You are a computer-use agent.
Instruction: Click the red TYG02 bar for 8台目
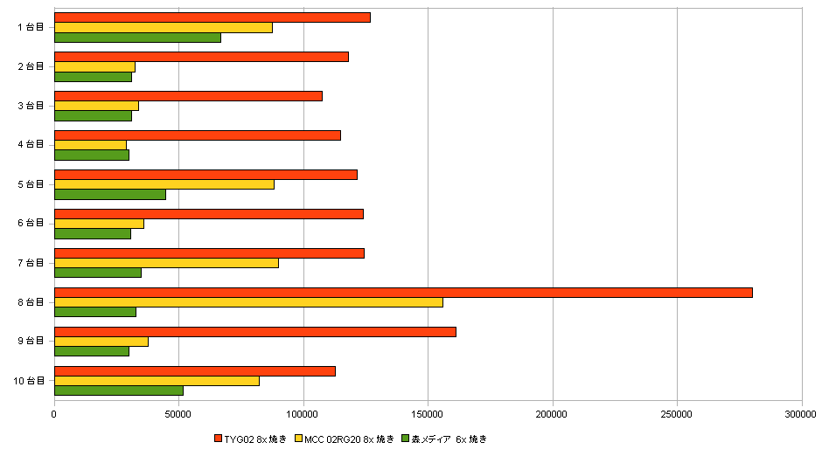pos(403,293)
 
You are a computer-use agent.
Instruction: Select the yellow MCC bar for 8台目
pos(248,302)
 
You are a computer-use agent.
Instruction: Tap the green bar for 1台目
pos(137,38)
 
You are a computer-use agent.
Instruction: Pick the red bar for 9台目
pos(255,332)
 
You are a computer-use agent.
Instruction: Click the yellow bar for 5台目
pos(164,184)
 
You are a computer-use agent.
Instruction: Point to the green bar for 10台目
pos(119,390)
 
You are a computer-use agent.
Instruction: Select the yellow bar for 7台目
pos(166,263)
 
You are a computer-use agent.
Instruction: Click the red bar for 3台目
pos(188,96)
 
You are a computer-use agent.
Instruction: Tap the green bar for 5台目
pos(110,194)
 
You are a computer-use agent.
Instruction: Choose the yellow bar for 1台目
pos(164,27)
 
